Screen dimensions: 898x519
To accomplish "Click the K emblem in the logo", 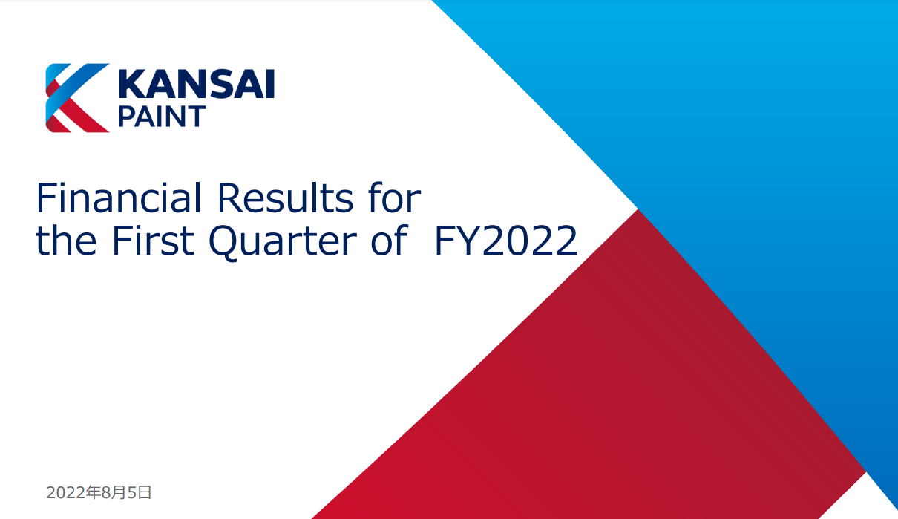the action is click(77, 97).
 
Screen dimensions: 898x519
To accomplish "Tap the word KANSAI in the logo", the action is click(197, 84).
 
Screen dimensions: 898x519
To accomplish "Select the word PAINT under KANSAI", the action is click(162, 117).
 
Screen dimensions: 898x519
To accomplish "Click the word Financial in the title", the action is click(119, 198).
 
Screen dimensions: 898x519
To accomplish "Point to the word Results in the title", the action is click(285, 198).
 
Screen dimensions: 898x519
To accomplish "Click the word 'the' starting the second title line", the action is click(66, 240).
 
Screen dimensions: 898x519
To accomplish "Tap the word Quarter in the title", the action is click(283, 241).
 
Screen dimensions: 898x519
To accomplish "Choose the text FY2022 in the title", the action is click(506, 241).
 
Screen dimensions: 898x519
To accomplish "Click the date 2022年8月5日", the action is click(99, 492).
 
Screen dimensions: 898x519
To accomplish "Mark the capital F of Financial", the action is click(46, 198).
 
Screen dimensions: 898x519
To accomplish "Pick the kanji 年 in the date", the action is click(94, 492).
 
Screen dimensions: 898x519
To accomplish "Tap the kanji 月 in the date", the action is click(119, 492).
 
